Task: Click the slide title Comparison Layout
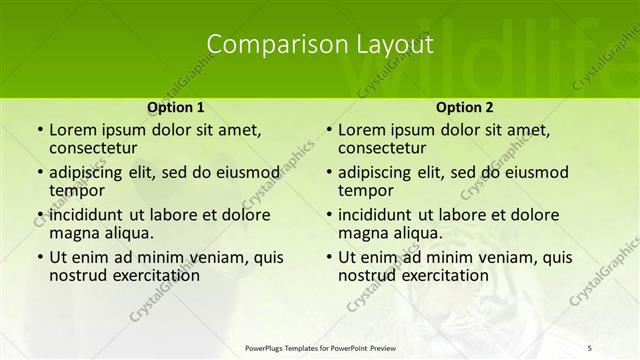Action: pyautogui.click(x=320, y=45)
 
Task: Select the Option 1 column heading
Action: pyautogui.click(x=176, y=107)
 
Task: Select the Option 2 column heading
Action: pyautogui.click(x=465, y=107)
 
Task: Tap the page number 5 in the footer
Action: pyautogui.click(x=590, y=347)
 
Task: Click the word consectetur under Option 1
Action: pyautogui.click(x=94, y=147)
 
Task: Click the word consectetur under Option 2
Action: pyautogui.click(x=383, y=147)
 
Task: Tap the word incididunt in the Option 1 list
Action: pyautogui.click(x=86, y=215)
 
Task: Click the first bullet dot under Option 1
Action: pyautogui.click(x=39, y=131)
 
